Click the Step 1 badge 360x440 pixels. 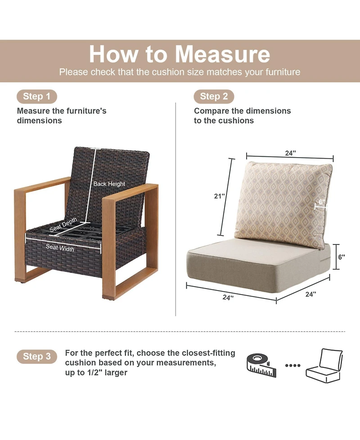pos(37,96)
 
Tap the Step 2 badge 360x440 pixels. pos(214,96)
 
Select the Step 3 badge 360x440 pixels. pos(37,356)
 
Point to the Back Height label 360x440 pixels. pos(109,184)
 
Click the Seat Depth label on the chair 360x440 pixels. pos(63,225)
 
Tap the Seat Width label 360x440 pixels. pos(60,248)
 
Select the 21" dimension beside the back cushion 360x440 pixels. pos(220,196)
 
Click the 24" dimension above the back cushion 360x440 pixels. pos(291,153)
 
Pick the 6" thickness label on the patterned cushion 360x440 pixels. pos(322,202)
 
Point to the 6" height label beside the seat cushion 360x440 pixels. pos(342,257)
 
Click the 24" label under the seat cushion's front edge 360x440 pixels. pos(228,297)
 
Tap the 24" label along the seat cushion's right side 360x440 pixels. pos(310,294)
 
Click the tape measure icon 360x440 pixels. pos(261,365)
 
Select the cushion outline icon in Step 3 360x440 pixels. pos(324,366)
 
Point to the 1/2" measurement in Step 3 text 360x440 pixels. pos(89,372)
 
